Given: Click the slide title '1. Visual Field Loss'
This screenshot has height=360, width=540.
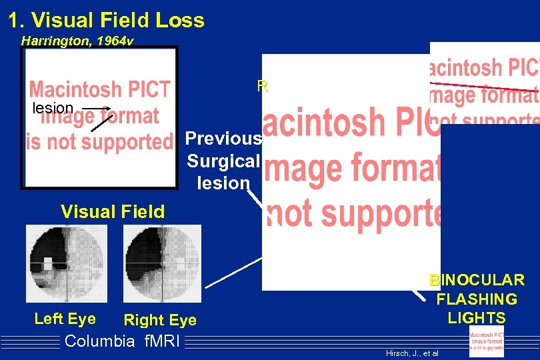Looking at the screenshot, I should (106, 20).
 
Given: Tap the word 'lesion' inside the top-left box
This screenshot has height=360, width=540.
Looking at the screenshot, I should (53, 108).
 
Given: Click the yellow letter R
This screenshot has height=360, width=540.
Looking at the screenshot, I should (262, 86).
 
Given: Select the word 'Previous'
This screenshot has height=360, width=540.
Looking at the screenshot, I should (223, 138).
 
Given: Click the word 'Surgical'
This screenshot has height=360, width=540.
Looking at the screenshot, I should (223, 161).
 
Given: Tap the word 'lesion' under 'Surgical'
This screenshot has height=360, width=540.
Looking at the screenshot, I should (223, 183).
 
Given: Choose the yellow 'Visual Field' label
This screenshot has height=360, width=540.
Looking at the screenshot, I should (113, 212).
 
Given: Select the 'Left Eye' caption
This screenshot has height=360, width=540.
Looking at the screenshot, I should (65, 319).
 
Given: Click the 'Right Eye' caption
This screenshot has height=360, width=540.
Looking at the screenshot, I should (160, 320).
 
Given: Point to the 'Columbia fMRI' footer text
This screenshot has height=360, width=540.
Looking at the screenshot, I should (120, 341).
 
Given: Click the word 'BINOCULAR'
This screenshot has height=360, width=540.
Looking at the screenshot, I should (477, 280).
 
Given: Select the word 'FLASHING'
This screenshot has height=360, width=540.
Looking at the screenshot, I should (477, 299).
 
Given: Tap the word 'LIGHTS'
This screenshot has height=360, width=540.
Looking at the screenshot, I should (477, 318).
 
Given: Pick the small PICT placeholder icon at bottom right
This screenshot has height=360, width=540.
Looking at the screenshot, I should (487, 342).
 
